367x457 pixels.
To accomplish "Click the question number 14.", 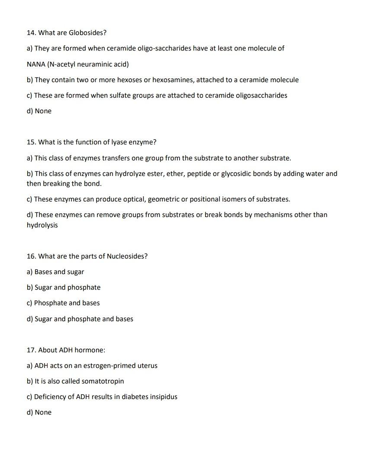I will tap(31, 33).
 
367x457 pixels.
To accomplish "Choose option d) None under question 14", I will tap(39, 111).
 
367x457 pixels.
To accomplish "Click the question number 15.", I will tap(31, 142).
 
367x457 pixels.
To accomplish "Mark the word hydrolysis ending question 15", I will tap(42, 225).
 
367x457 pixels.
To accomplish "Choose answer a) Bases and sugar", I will tap(55, 272).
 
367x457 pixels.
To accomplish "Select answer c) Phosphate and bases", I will tap(63, 303).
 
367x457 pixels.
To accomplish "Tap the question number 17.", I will tap(31, 350).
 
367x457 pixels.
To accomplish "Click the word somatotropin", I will tap(103, 381).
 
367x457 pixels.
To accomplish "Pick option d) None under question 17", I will tap(39, 412).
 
